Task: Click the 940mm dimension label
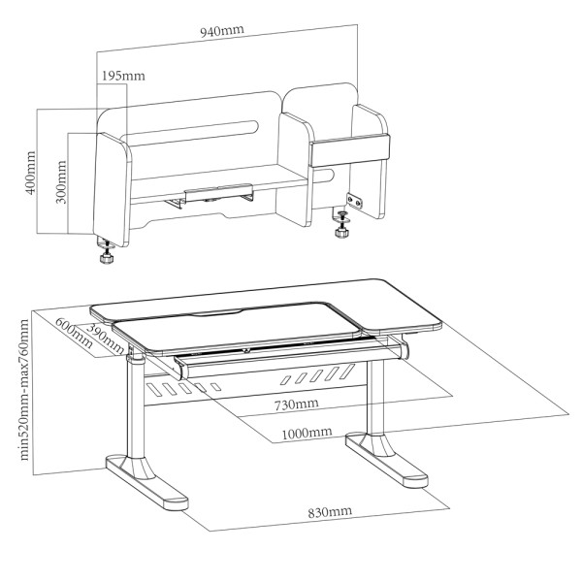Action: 222,31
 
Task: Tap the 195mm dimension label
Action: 123,76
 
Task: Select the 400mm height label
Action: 30,173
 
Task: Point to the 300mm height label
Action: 62,182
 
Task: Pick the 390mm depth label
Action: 106,339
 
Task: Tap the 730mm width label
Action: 296,404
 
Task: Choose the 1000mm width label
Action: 307,433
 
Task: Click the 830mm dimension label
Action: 330,512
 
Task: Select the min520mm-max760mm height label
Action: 24,390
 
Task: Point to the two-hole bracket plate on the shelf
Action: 354,201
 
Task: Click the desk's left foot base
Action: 147,483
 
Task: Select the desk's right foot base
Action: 386,460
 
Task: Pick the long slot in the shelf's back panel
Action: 193,133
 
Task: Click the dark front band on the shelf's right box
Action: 349,150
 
